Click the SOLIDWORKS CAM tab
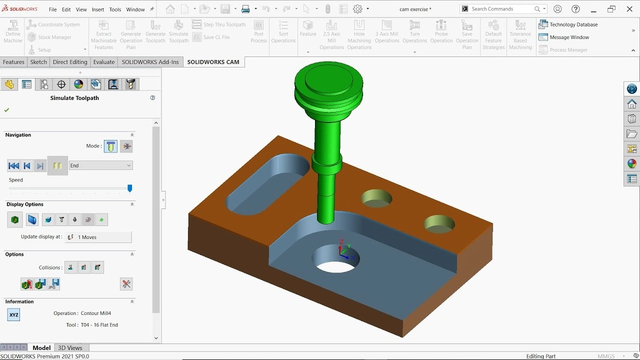click(x=213, y=62)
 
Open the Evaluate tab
click(x=104, y=62)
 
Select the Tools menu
click(x=115, y=9)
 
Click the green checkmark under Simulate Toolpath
click(x=7, y=110)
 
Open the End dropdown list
click(x=101, y=166)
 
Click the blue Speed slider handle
click(x=130, y=188)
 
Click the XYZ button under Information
click(x=14, y=315)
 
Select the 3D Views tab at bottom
click(x=70, y=347)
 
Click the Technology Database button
click(x=568, y=24)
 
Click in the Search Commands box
click(x=500, y=9)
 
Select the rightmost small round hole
click(x=439, y=223)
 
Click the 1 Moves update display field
click(x=98, y=237)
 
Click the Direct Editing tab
click(x=70, y=62)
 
